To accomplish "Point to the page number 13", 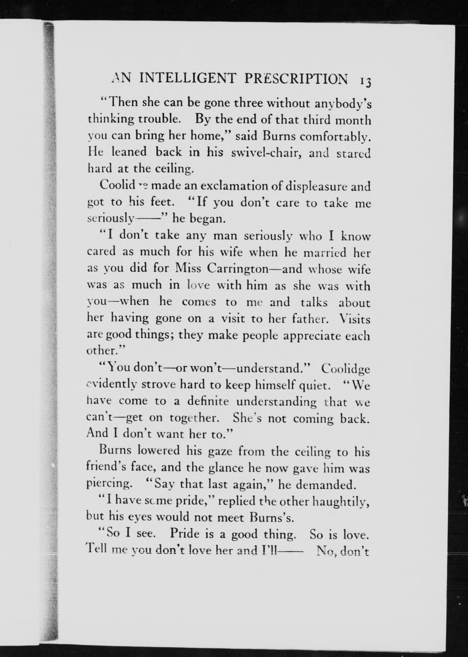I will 365,81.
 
